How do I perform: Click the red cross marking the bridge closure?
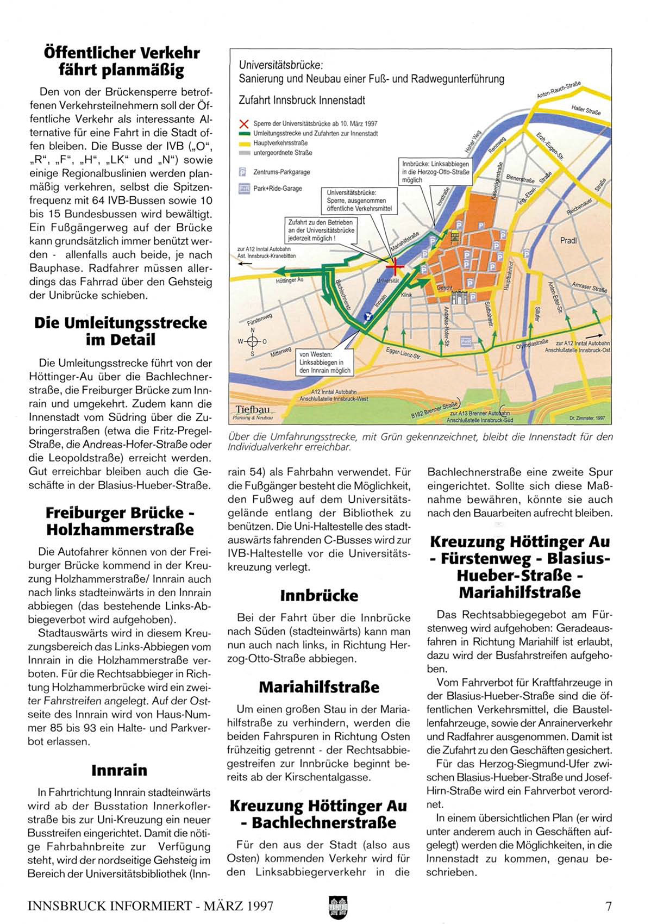coord(395,266)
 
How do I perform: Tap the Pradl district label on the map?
coord(568,240)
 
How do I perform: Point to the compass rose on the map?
coord(252,341)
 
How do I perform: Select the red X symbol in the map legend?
coord(244,124)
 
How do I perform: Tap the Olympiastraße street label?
coord(531,345)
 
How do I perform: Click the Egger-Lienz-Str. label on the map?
coord(404,353)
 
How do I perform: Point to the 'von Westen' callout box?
coord(325,363)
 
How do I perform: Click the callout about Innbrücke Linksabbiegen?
coord(436,171)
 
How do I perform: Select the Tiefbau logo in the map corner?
coord(253,412)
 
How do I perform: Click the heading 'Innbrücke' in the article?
coord(319,595)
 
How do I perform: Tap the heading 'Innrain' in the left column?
coord(119,770)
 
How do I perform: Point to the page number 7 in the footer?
coord(609,906)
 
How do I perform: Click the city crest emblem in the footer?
coord(337,906)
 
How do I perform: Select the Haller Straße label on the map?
coord(586,110)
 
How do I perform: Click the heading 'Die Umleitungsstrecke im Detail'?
coord(120,331)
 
